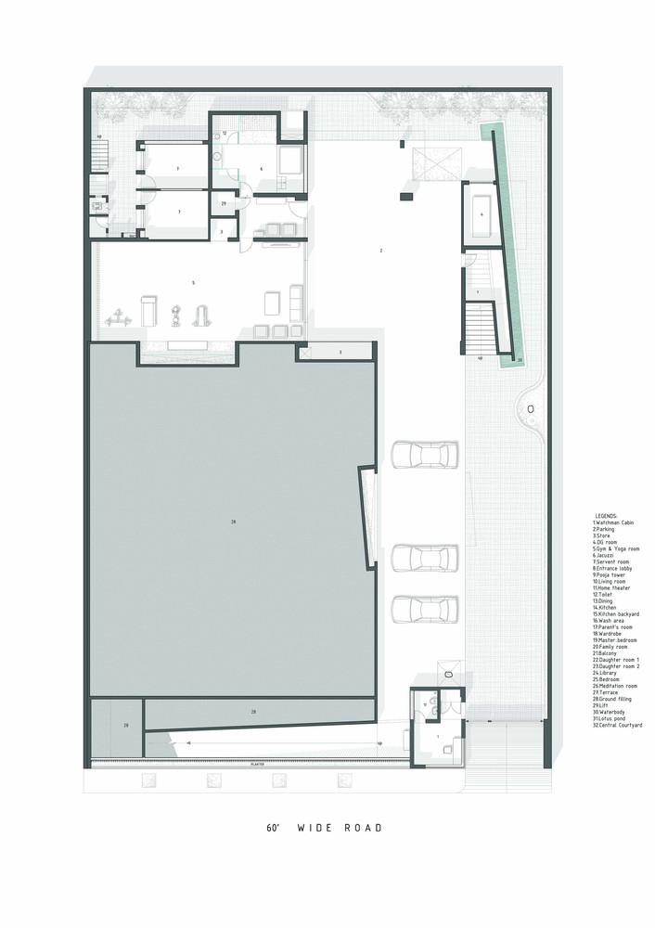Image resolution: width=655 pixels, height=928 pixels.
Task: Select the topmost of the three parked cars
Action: (x=418, y=455)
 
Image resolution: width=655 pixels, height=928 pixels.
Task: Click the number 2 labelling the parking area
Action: (x=380, y=251)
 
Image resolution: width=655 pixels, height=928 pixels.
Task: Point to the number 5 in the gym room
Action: (x=192, y=281)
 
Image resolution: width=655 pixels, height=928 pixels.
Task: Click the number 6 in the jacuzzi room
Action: (x=262, y=169)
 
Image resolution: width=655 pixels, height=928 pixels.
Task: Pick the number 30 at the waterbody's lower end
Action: (x=520, y=359)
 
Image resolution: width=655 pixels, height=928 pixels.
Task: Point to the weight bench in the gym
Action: (x=148, y=306)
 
